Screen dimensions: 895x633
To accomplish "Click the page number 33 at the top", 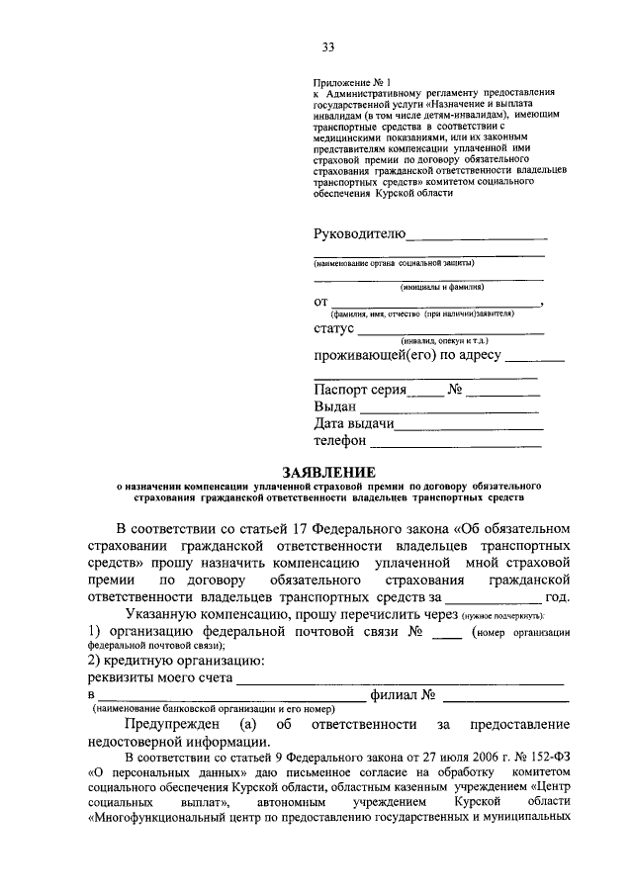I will click(x=327, y=46).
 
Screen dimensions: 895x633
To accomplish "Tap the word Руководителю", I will click(x=359, y=234).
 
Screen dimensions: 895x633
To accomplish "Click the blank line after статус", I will click(x=450, y=332).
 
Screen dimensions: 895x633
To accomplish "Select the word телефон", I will click(x=340, y=441).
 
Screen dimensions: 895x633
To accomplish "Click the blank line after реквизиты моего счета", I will click(x=400, y=682).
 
